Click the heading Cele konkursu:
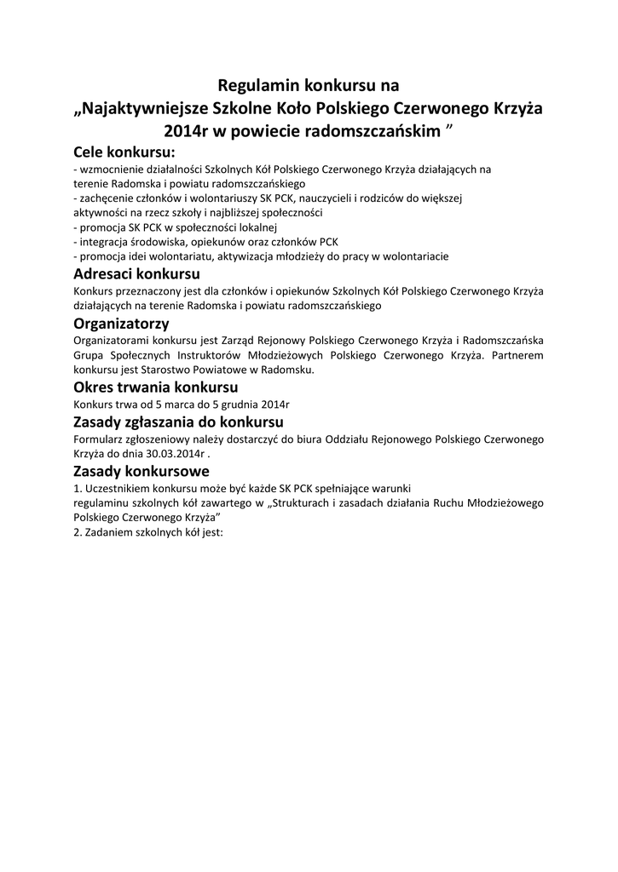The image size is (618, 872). [124, 153]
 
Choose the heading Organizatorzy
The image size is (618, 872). [122, 324]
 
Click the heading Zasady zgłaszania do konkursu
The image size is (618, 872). [179, 422]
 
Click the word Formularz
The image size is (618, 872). [100, 439]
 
